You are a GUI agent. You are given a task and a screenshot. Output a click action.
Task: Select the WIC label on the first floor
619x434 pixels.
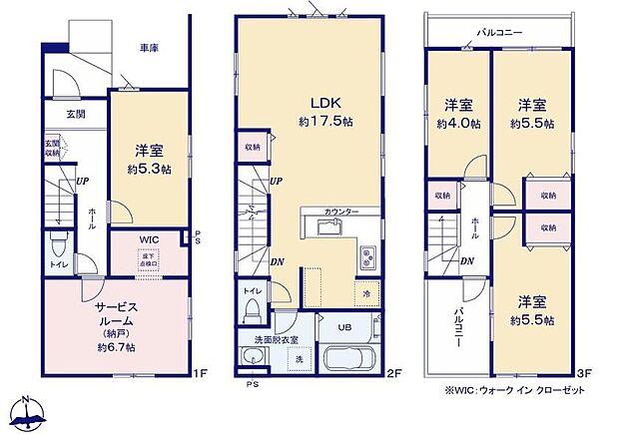point(148,240)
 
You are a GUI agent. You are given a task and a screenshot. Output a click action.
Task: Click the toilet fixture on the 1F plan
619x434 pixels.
point(59,247)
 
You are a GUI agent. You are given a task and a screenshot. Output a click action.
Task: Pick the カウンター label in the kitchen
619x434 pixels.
point(340,212)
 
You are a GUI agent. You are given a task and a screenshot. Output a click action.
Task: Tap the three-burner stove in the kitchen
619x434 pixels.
point(366,256)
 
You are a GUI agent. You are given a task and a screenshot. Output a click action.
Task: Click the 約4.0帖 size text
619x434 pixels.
point(457,124)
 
